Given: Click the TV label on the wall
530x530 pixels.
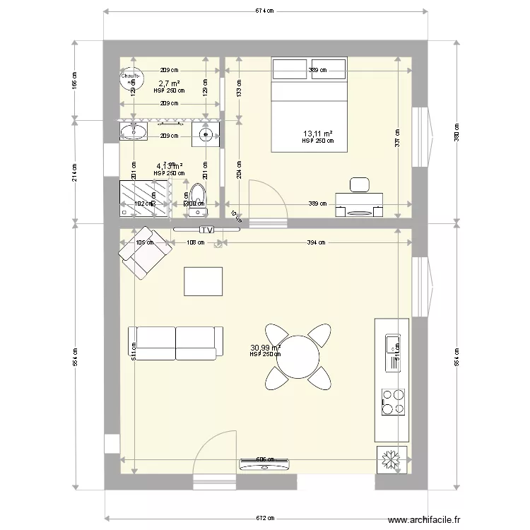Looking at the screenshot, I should [206, 230].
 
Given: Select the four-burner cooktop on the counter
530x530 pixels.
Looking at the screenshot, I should [392, 401].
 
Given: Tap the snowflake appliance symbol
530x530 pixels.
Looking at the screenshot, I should [391, 459].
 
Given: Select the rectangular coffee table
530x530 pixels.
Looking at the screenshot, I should [203, 281].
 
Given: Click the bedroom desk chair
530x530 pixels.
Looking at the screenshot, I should [359, 184].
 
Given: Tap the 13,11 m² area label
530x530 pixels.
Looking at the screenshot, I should [318, 134].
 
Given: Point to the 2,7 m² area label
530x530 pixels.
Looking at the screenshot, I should [169, 83].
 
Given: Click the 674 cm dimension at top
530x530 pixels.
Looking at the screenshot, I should [265, 11].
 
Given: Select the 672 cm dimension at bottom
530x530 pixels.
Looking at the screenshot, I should [265, 517].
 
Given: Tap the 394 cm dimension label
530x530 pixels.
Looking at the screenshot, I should [317, 242].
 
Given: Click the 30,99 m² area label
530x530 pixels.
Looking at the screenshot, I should [265, 347].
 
